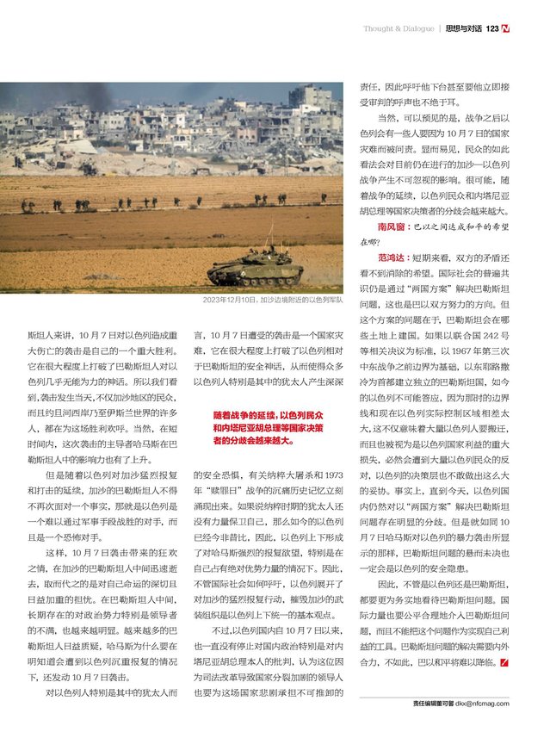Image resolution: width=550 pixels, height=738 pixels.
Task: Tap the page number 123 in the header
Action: click(492, 28)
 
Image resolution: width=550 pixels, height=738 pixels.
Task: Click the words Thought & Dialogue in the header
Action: click(399, 28)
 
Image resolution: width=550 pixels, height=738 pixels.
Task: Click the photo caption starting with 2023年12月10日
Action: click(273, 300)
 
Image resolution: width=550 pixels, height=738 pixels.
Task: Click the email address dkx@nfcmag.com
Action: click(483, 704)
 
